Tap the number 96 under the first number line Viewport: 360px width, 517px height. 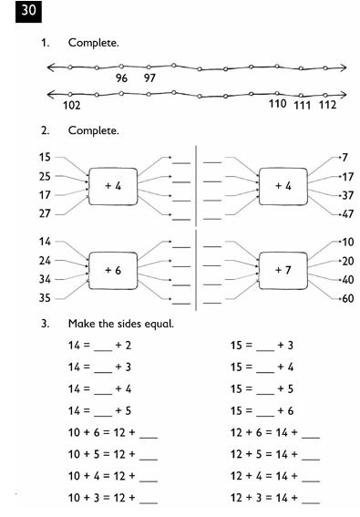[121, 79]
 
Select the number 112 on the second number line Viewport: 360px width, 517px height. [327, 106]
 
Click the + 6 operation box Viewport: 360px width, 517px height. [113, 271]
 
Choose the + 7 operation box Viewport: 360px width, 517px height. [283, 271]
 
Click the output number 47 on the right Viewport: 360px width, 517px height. [346, 214]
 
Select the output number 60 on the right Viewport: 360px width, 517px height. [346, 298]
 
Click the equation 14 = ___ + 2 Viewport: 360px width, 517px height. [100, 346]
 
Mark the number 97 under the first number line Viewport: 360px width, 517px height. [149, 79]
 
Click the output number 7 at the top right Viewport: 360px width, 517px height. [345, 158]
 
